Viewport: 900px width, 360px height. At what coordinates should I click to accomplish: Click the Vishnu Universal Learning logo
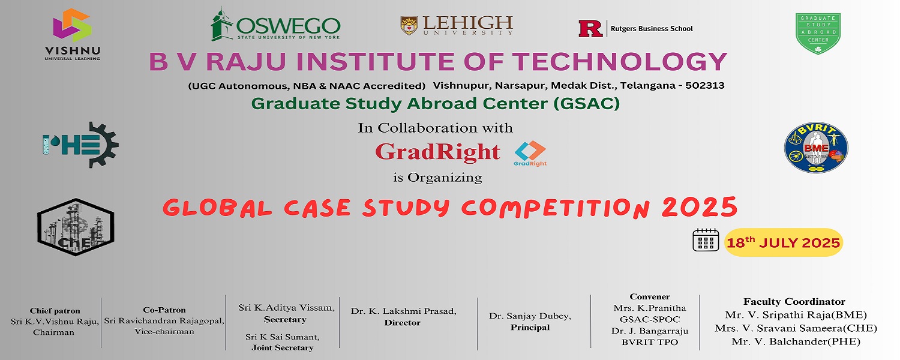point(73,35)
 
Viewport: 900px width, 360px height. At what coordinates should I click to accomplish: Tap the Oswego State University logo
point(275,24)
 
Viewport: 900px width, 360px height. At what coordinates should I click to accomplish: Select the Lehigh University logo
point(457,25)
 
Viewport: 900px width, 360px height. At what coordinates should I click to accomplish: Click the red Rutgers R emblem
point(590,29)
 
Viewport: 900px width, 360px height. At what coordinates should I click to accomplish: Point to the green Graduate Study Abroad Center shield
point(818,34)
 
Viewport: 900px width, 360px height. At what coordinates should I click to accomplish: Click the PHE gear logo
point(81,145)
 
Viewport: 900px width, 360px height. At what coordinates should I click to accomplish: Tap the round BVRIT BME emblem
point(816,148)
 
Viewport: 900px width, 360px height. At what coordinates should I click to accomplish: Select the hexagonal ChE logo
point(76,227)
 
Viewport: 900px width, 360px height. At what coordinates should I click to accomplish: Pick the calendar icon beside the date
point(706,240)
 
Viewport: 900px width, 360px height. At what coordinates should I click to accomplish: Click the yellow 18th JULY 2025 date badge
point(784,242)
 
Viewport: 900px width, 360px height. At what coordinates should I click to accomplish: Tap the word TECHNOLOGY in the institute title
point(620,61)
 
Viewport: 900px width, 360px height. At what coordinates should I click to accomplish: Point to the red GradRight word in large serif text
point(437,152)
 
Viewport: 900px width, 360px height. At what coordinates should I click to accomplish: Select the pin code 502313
point(705,86)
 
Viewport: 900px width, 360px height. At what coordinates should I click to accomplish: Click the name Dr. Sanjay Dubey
point(530,316)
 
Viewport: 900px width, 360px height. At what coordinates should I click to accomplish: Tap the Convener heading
point(650,296)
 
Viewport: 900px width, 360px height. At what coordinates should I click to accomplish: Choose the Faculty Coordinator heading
point(794,301)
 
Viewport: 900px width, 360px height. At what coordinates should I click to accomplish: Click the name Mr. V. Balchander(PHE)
point(796,341)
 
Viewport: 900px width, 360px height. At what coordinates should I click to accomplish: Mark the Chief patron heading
point(55,311)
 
